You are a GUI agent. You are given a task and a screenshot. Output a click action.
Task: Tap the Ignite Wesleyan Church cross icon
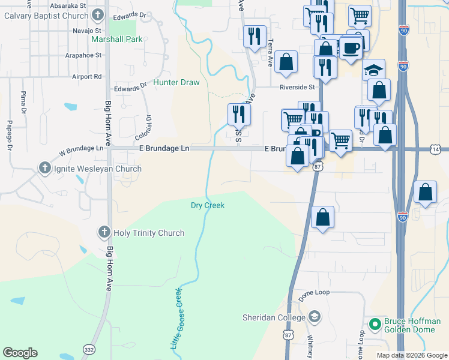44,169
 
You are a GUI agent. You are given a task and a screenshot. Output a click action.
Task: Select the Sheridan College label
274,317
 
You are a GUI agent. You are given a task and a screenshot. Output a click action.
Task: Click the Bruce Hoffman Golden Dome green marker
375,325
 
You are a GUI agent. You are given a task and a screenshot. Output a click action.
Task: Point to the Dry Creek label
208,205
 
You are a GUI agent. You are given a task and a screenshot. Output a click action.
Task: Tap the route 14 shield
435,149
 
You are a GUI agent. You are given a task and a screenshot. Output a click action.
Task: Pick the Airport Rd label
86,77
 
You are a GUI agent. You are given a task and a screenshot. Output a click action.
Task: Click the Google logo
20,353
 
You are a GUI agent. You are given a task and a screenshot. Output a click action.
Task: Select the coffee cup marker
351,47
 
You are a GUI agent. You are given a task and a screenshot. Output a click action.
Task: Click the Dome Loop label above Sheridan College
315,293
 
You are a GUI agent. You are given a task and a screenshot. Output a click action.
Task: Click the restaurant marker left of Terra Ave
253,36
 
